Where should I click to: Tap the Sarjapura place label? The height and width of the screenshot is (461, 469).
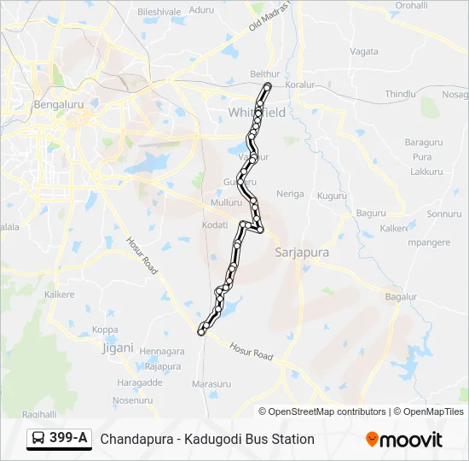coord(302,253)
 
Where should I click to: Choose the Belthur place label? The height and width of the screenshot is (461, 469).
coord(264,74)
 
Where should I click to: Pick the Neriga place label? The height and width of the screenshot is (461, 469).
coord(290,194)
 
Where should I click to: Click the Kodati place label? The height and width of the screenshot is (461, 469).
coord(215,225)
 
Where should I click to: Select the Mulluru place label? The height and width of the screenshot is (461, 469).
coord(226,203)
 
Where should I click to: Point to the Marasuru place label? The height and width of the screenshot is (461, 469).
coord(211,384)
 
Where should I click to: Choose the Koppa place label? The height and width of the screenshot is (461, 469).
coord(105,330)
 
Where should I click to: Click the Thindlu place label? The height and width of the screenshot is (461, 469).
coord(399,94)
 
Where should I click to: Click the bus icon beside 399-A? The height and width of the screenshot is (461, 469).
coord(38,439)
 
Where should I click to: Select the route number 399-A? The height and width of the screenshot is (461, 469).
coord(68,439)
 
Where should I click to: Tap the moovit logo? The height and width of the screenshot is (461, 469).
coord(404,440)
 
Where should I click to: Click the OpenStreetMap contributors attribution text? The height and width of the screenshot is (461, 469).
coord(327,411)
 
